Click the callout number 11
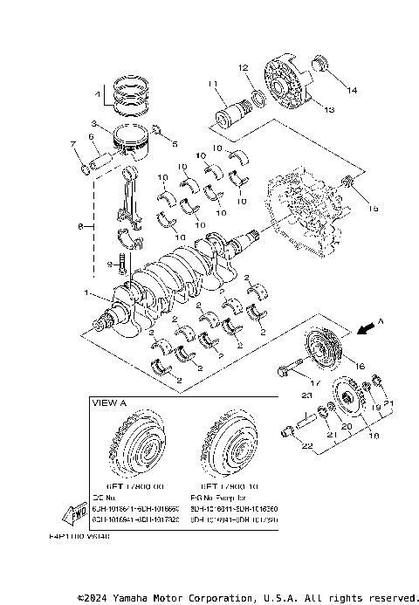tap(210, 83)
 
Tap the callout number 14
tap(353, 90)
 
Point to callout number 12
tap(244, 67)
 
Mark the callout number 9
tap(112, 263)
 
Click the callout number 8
tap(80, 226)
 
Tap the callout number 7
tap(72, 143)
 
